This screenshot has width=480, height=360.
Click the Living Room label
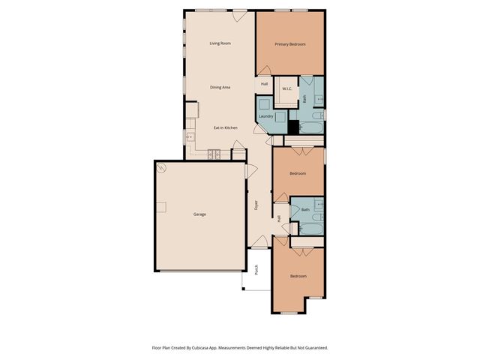[x=220, y=43]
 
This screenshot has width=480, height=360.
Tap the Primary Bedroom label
[x=289, y=44]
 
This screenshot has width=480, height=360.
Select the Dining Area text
[x=220, y=88]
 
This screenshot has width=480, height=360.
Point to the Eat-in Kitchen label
[x=225, y=127]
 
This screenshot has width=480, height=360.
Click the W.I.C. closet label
[x=286, y=89]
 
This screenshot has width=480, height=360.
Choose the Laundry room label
[x=265, y=116]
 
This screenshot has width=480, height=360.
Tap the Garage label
[x=199, y=214]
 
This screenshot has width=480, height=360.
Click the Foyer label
[x=256, y=205]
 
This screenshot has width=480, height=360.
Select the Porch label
[x=256, y=270]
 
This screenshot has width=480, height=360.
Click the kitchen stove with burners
[x=214, y=154]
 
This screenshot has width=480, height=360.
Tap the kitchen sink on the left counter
[x=190, y=137]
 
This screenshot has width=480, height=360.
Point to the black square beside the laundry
[x=293, y=127]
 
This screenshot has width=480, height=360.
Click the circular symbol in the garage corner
[x=160, y=168]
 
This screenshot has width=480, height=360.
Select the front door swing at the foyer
[x=258, y=241]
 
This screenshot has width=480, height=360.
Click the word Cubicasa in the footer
[x=197, y=348]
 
